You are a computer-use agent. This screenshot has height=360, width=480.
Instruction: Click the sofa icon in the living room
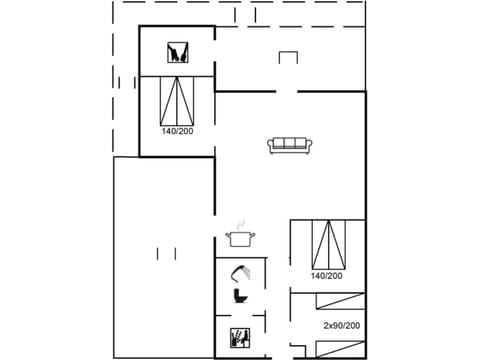291,144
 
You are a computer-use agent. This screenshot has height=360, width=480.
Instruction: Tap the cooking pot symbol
241,238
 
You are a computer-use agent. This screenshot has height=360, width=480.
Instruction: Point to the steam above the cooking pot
241,225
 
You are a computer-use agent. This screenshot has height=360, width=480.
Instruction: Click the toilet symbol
240,296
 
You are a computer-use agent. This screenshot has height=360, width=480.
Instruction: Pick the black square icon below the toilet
240,337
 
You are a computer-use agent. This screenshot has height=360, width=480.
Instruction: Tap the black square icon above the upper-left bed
176,52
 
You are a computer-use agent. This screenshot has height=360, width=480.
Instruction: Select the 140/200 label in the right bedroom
327,276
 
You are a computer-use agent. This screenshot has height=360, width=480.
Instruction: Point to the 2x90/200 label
341,326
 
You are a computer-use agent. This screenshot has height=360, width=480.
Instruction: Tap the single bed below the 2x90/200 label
328,349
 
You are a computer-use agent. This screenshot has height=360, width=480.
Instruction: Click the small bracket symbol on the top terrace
288,57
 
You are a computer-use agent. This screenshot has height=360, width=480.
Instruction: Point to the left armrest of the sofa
271,146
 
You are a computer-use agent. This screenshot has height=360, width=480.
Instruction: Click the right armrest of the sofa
311,146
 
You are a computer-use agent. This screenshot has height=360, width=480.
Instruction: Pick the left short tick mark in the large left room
159,250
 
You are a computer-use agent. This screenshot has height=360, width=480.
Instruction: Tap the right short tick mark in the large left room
175,250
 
